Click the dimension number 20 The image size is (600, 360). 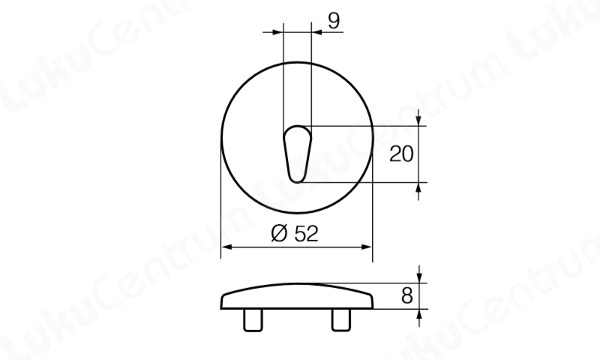[402, 154]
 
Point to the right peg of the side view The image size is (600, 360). [341, 319]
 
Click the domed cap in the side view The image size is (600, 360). [297, 297]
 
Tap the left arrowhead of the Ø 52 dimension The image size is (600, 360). [226, 247]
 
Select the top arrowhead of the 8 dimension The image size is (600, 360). [418, 277]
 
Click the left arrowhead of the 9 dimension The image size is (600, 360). [279, 32]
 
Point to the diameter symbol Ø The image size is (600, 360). [277, 233]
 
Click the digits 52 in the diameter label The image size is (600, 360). [305, 233]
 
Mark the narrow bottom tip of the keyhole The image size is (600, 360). [297, 178]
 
